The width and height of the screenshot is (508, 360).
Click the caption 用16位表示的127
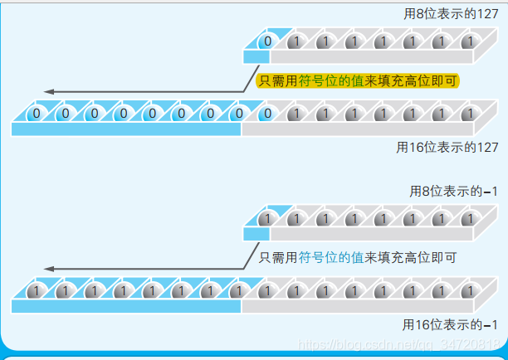(x=447, y=147)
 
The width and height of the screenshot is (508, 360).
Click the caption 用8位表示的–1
(x=453, y=192)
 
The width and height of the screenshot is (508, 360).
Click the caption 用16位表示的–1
(x=451, y=324)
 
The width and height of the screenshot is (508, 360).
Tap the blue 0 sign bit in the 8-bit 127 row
(x=268, y=41)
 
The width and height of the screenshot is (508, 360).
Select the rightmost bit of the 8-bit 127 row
(x=467, y=41)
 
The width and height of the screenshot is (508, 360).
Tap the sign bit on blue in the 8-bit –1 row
(x=265, y=219)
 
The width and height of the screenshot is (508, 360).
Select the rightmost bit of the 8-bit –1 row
(x=467, y=219)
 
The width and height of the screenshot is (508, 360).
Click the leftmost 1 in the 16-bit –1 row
(x=35, y=291)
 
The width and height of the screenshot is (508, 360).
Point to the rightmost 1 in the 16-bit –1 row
(x=467, y=291)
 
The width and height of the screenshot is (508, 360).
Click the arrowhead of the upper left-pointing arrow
(x=49, y=91)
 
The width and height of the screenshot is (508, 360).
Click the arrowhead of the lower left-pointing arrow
(x=49, y=269)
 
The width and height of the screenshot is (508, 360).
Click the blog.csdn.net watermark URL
(x=397, y=343)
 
